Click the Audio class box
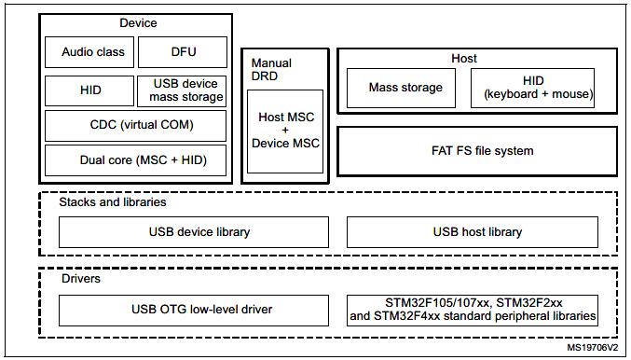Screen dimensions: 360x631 pos(89,52)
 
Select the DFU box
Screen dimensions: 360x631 pos(184,52)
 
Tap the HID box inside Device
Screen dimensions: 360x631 pos(89,91)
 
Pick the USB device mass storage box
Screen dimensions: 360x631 pos(184,90)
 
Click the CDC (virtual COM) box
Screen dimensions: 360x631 pos(136,125)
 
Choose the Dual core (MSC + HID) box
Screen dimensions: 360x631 pos(136,160)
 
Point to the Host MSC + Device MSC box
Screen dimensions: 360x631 pos(285,131)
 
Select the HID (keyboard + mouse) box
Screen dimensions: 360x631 pos(531,88)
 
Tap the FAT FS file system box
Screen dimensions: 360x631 pos(476,150)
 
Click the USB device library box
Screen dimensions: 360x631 pos(193,231)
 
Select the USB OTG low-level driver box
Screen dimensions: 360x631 pos(193,310)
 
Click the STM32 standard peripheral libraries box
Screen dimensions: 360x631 pos(473,310)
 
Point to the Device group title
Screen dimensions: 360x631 pos(138,22)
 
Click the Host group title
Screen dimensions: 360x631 pos(463,59)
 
